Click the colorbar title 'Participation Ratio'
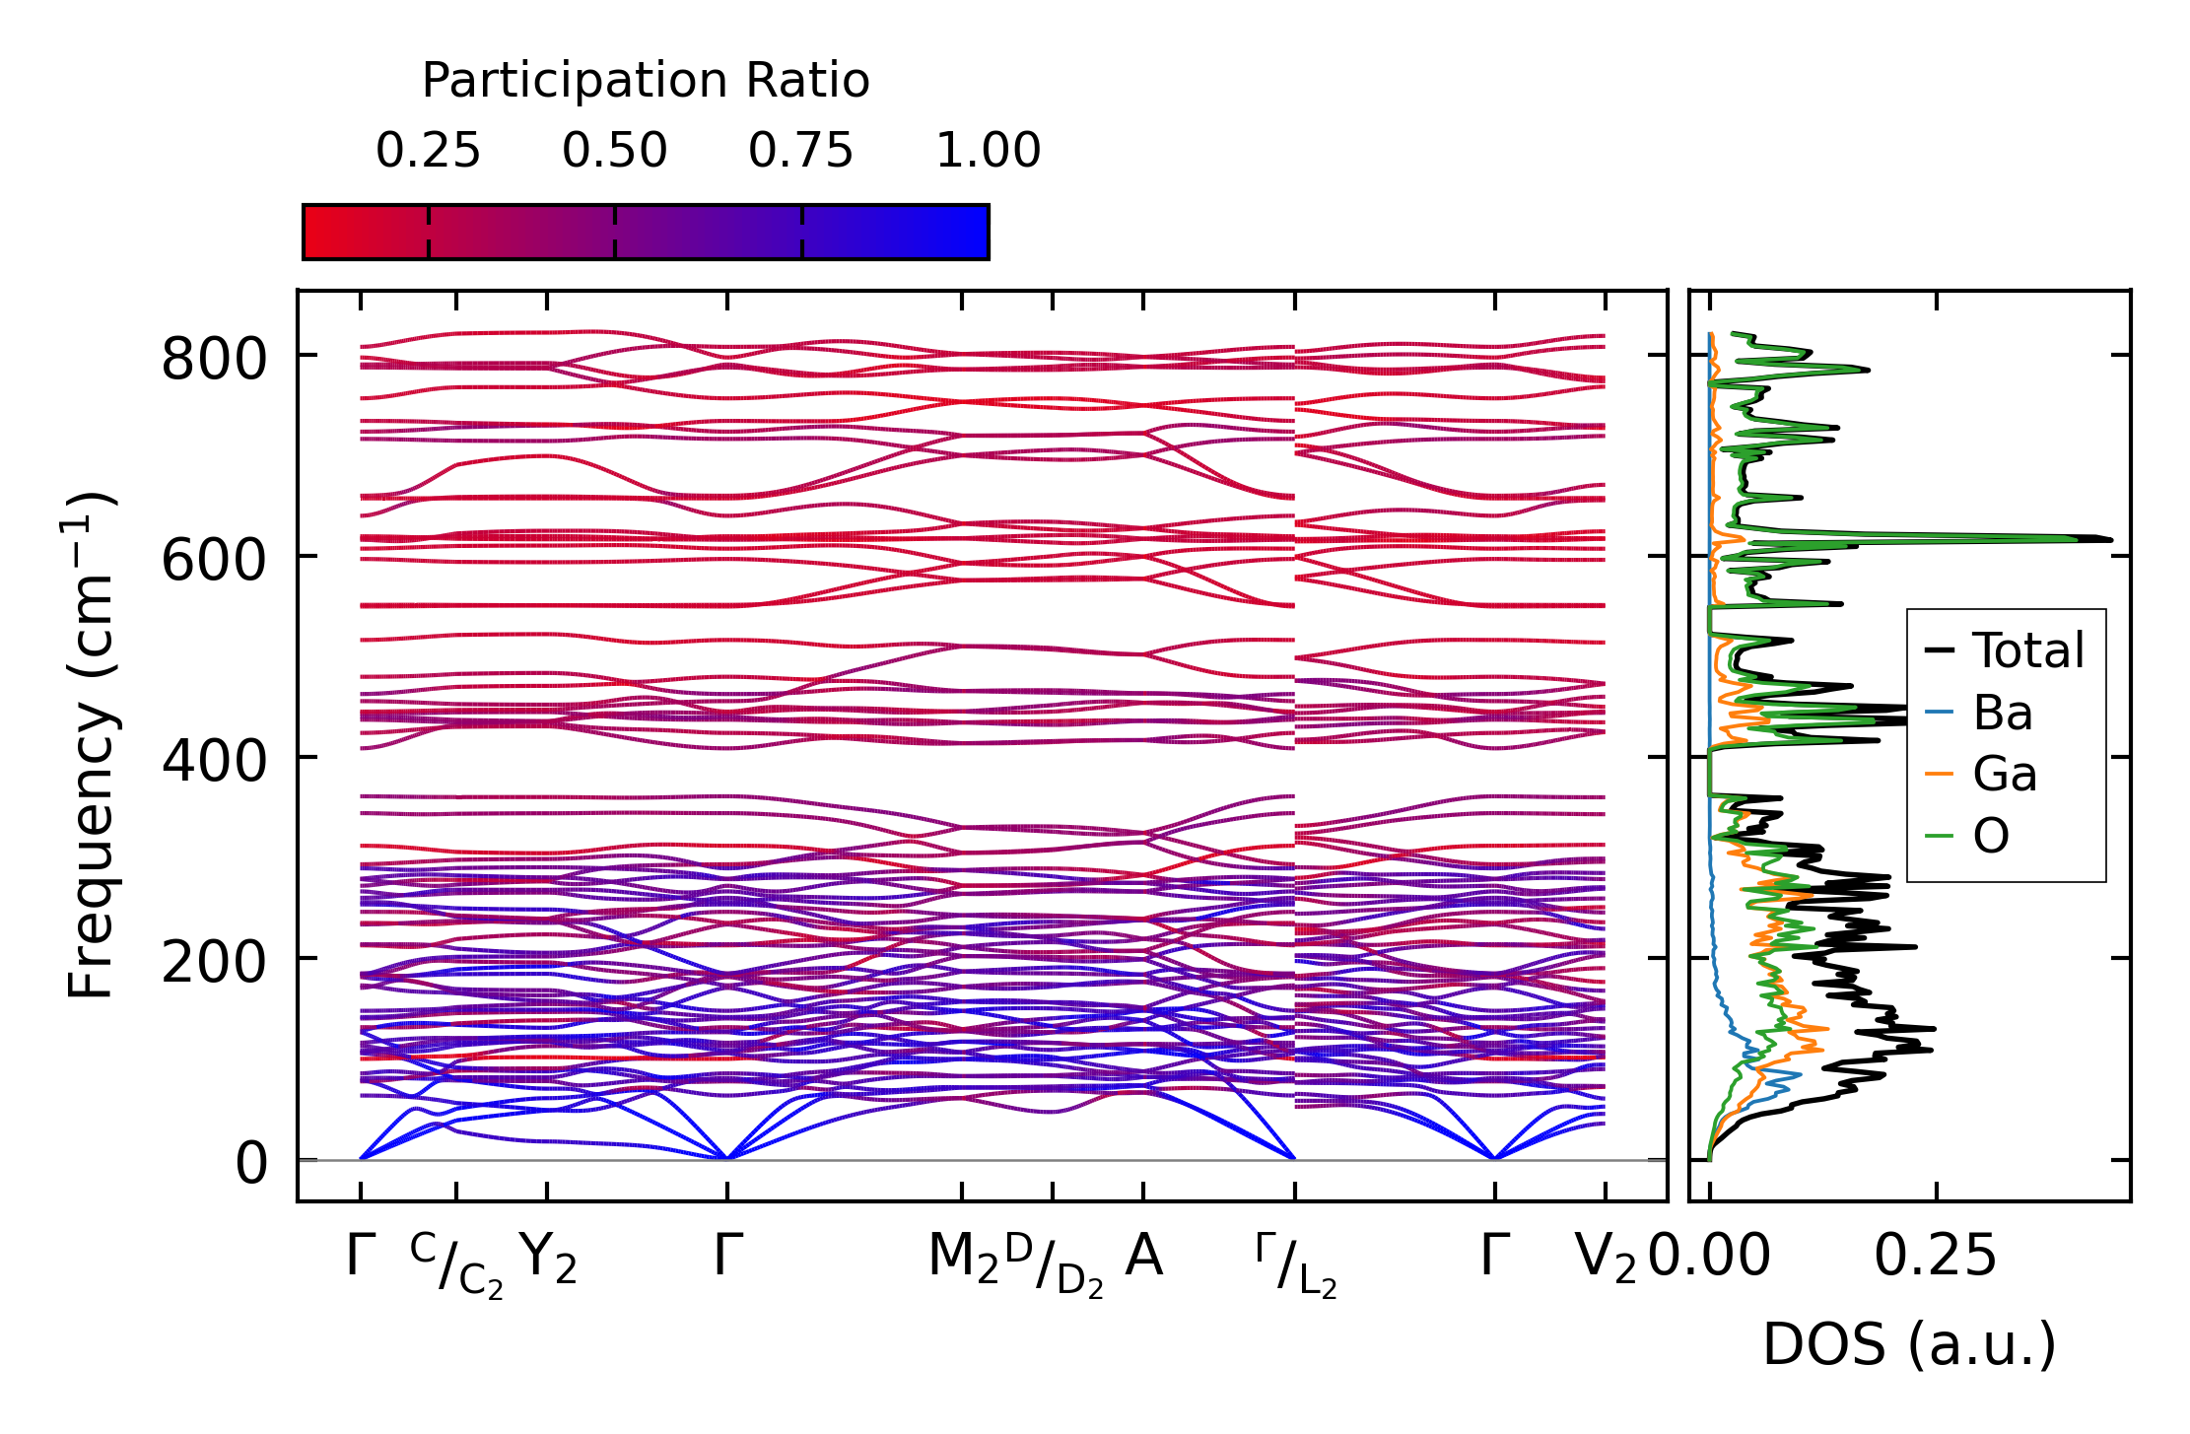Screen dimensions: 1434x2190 646,81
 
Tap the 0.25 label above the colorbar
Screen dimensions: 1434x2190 428,151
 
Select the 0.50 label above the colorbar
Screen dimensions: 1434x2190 614,151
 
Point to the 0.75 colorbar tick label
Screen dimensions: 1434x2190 800,151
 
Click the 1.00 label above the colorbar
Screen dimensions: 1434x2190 988,151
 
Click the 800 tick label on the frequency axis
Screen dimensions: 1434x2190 214,359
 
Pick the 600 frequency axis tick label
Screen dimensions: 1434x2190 214,561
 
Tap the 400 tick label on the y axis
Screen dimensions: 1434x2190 214,762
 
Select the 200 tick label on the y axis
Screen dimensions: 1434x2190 214,963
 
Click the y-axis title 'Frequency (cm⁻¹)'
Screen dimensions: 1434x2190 92,745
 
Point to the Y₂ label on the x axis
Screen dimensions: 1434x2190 548,1259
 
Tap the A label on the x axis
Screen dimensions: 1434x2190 1143,1257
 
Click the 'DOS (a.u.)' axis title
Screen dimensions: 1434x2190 1909,1345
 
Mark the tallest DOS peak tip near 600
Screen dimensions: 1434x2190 2110,539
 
